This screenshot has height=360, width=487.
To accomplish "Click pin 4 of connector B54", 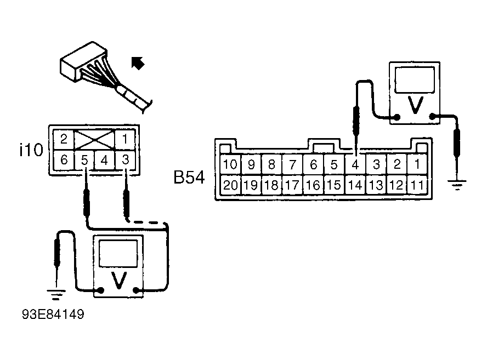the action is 355,164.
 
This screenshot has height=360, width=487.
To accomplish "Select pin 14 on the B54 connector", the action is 355,185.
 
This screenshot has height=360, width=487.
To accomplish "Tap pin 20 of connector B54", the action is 230,185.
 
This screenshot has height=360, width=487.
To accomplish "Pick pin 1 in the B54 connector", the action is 417,164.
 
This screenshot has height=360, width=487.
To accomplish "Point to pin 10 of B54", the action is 230,164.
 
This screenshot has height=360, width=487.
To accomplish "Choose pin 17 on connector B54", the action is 292,185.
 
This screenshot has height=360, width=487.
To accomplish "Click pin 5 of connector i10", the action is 84,160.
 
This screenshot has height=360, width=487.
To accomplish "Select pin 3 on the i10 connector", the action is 125,160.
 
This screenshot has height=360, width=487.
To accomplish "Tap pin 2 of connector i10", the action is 64,139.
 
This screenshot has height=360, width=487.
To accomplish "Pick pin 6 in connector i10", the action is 64,160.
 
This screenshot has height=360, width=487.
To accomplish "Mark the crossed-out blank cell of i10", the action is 94,140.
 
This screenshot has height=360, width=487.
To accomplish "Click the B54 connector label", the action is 189,178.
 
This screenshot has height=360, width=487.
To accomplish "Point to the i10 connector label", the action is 31,150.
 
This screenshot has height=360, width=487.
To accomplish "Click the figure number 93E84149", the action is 53,315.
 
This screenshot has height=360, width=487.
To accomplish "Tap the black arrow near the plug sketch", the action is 137,63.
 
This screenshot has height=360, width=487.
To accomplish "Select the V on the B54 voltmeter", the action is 415,105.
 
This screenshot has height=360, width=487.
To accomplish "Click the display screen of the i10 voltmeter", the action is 118,253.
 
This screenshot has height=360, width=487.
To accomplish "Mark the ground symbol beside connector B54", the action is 457,185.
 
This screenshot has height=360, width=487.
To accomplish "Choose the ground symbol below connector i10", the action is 56,294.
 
